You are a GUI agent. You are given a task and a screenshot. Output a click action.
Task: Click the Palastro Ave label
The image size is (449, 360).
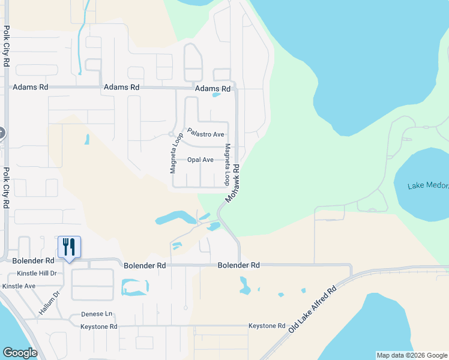click(205, 133)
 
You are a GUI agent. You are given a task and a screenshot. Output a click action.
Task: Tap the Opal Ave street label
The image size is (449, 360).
click(200, 160)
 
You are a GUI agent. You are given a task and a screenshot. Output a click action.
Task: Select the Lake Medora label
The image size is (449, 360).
click(428, 186)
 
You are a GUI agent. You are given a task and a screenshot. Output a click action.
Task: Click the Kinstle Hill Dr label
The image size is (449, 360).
click(37, 273)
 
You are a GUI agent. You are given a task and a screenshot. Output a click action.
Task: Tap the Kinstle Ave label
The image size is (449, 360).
click(19, 286)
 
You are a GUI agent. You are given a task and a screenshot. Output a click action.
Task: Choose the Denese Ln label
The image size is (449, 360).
click(97, 314)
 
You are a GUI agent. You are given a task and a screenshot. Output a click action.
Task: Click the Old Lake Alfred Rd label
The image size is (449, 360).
click(312, 310)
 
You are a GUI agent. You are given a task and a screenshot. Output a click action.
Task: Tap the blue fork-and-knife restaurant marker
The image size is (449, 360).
click(68, 247)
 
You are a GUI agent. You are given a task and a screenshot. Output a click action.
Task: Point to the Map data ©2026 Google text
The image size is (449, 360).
click(411, 355)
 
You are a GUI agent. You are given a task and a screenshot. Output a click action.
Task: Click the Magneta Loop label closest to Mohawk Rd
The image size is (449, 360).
click(228, 164)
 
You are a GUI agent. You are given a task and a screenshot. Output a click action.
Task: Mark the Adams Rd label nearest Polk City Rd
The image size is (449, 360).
click(31, 87)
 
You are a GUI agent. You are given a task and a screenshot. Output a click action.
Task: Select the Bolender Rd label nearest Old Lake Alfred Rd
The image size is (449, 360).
click(239, 265)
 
